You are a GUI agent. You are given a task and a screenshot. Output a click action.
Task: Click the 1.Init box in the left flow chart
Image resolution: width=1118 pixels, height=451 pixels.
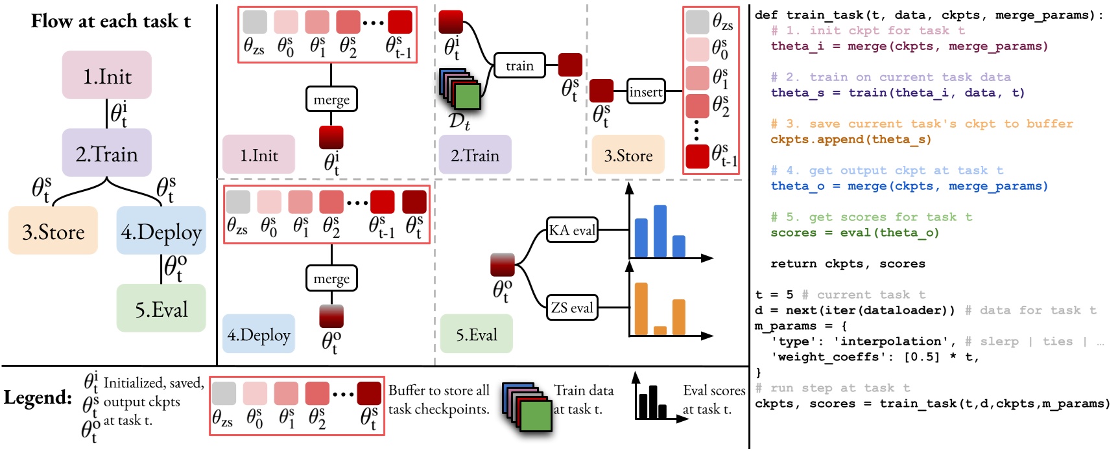click(107, 76)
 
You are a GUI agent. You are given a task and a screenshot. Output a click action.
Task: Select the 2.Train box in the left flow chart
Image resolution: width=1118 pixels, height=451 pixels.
click(107, 154)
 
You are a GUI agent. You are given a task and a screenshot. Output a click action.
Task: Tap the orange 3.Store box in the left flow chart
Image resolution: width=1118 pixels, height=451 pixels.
click(53, 231)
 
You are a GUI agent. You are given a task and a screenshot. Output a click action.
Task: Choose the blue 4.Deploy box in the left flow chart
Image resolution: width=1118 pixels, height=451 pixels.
click(161, 231)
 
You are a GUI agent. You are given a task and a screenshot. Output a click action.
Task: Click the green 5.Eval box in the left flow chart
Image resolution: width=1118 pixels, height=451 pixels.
click(161, 309)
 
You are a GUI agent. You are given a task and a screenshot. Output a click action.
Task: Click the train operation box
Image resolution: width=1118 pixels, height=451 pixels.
click(519, 65)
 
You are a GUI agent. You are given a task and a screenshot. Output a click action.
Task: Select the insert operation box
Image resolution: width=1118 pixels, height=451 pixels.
click(645, 92)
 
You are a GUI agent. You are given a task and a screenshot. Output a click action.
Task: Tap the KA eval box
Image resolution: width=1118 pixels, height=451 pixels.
click(571, 230)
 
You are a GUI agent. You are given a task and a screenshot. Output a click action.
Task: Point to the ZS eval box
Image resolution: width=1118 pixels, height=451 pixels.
click(571, 307)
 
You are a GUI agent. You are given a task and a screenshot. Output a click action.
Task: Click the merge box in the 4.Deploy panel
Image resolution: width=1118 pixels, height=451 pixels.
click(331, 279)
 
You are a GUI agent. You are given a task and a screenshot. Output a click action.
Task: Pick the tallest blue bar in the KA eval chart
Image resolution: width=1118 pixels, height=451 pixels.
click(660, 231)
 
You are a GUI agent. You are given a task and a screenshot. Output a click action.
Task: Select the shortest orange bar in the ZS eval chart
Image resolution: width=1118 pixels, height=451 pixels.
click(660, 330)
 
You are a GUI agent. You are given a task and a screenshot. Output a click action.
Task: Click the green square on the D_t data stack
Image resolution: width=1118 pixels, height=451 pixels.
click(467, 96)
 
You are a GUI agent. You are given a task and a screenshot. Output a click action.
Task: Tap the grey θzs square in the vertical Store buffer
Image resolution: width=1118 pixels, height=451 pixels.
click(697, 22)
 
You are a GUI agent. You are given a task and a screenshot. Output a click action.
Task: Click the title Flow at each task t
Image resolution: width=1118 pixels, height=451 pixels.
click(110, 21)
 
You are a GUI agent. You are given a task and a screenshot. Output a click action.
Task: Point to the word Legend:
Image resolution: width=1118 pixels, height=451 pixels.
click(38, 397)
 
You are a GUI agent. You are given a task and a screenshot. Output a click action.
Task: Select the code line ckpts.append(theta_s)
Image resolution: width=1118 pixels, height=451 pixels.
click(850, 139)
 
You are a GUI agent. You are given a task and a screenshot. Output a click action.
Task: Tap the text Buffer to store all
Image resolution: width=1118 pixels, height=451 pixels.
click(438, 390)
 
